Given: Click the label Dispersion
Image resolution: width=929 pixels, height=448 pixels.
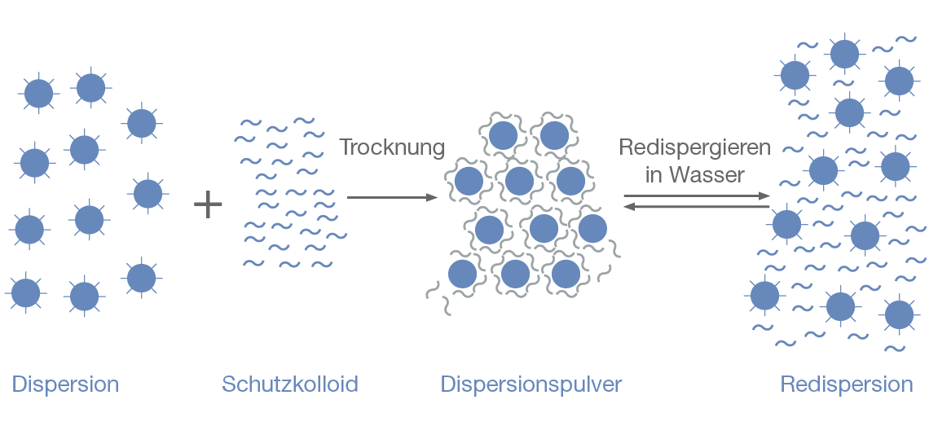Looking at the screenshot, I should coord(65,384).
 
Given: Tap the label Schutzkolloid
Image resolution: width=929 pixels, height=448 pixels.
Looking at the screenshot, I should coord(290,384).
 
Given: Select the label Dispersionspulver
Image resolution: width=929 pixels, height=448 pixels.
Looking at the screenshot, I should coord(531,384).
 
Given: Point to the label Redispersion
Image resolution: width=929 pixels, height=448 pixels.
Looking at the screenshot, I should coord(847,384).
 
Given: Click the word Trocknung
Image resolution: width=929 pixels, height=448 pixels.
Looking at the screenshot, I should coord(392,147).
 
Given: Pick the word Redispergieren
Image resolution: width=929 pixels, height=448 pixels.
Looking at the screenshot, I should coord(695,147).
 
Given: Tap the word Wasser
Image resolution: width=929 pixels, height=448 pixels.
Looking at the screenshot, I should coord(707,174).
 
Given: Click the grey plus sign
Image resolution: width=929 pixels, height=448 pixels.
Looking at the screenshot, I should coord(209,204).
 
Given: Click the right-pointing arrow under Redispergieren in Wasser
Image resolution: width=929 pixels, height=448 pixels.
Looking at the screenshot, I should coord(697,196).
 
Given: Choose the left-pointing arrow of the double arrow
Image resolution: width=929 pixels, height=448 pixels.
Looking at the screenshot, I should coord(697,208).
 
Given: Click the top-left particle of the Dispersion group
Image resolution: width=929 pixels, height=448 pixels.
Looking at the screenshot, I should coord(38,94).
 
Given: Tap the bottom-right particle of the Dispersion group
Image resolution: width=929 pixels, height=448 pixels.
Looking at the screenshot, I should coord(141,278).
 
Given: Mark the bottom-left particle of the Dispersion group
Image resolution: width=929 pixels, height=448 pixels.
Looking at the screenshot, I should coord(26,292).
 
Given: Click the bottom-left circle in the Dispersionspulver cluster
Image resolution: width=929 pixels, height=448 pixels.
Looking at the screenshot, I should coord(462,274).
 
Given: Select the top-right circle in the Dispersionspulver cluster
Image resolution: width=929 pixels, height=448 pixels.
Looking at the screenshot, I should coord(554,135).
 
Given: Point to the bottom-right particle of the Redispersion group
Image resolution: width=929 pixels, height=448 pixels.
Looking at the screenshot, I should coord(899,314).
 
